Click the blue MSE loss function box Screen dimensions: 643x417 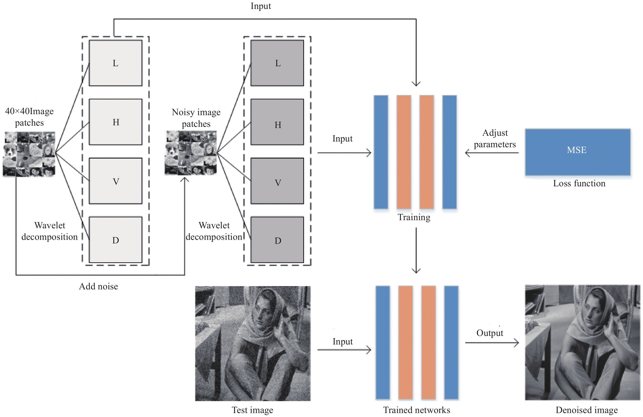(x=578, y=152)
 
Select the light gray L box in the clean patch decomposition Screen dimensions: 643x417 (x=116, y=63)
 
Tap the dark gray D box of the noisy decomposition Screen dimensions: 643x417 (x=277, y=240)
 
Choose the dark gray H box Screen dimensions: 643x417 (x=277, y=122)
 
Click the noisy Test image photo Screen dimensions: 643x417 (x=253, y=343)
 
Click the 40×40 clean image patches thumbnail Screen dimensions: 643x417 (x=29, y=154)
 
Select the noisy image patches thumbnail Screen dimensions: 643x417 (x=191, y=153)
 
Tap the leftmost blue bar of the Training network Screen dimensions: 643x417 (x=381, y=152)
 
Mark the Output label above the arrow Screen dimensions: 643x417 (x=490, y=333)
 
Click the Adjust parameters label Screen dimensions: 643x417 (x=495, y=139)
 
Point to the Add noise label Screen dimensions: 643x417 (x=98, y=286)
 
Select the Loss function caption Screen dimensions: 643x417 (x=579, y=183)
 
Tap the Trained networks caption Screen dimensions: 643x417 (x=417, y=410)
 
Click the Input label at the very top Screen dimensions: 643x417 (x=261, y=6)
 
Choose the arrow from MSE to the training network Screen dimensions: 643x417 (x=492, y=153)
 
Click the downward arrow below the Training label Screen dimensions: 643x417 (x=416, y=250)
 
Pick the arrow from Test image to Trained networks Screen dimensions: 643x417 (x=344, y=350)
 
